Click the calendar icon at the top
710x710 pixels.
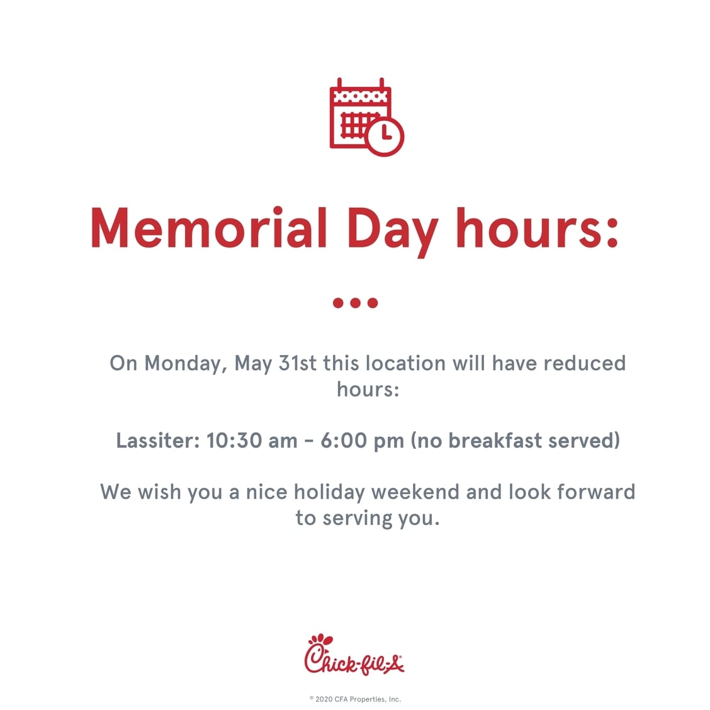click(366, 117)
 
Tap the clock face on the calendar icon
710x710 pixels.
click(385, 136)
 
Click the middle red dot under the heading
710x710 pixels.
click(356, 303)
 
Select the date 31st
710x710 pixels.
click(298, 363)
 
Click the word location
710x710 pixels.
click(405, 363)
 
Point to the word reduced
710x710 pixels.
click(585, 363)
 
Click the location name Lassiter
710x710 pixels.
click(158, 441)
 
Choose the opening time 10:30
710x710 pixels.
click(235, 441)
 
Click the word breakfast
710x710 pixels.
click(495, 441)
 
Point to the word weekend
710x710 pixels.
click(415, 492)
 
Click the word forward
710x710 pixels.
click(596, 492)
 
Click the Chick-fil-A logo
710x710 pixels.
click(354, 655)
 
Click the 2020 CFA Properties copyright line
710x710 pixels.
click(355, 699)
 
